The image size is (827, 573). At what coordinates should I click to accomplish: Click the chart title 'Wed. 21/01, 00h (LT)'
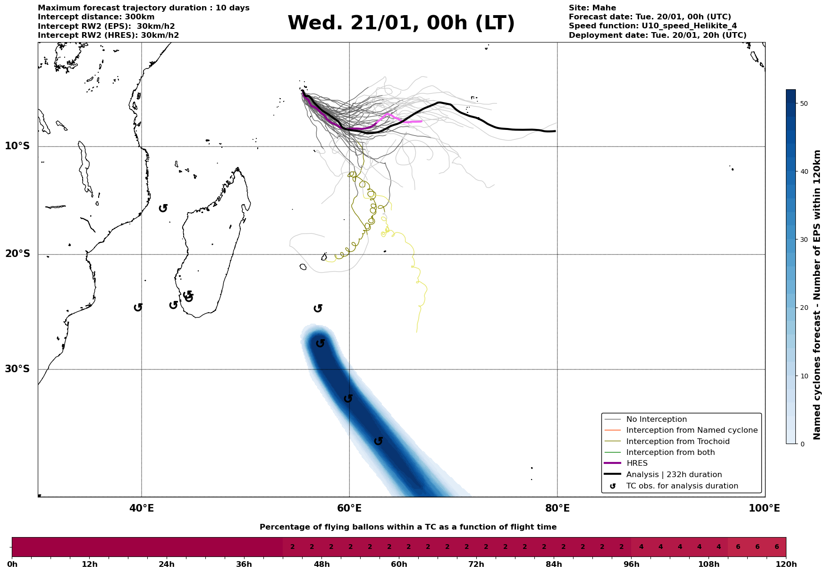[401, 23]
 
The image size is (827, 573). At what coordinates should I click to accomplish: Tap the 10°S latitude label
[17, 146]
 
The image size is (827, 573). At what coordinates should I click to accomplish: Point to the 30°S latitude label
[17, 369]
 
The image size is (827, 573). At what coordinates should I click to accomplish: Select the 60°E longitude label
[349, 509]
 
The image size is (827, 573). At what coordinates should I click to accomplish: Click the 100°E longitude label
[764, 509]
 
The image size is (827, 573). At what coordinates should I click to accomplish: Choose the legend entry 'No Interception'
[656, 419]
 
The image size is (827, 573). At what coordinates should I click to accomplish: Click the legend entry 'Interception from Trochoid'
[677, 442]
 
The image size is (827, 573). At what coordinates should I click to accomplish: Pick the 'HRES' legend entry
[637, 463]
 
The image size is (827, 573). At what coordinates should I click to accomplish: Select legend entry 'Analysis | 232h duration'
[674, 475]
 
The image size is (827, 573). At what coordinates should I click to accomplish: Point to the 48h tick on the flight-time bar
[321, 564]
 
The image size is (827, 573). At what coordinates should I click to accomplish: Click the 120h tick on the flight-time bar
[786, 564]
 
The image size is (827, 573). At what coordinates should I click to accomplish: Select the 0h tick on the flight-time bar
[12, 564]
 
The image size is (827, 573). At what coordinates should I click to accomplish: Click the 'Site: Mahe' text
[592, 8]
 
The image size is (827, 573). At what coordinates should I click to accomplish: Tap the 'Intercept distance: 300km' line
[96, 17]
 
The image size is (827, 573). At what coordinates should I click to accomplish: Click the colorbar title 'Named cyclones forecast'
[817, 295]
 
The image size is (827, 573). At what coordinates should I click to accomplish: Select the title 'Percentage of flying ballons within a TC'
[408, 527]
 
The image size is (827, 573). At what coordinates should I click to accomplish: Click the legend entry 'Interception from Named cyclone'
[692, 430]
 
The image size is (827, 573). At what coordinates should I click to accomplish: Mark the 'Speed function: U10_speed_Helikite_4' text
[652, 26]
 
